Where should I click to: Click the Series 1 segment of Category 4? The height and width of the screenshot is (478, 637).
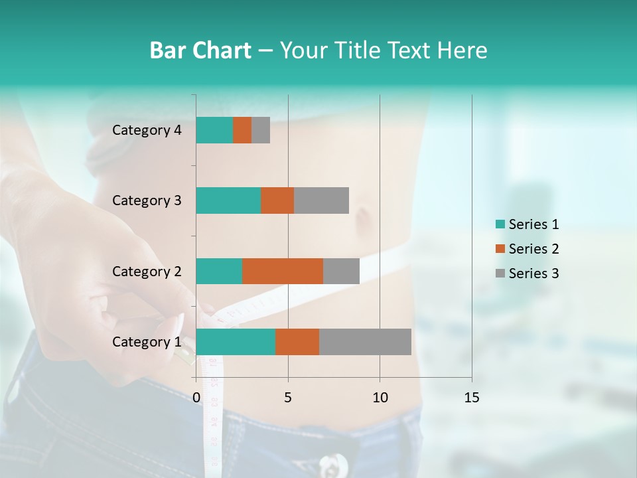(214, 130)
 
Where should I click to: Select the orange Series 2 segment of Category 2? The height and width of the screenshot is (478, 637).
(283, 271)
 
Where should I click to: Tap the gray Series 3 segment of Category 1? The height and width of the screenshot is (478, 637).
(365, 342)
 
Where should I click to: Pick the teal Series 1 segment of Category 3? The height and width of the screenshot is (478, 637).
(228, 200)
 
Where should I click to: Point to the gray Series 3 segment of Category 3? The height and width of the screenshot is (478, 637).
(321, 200)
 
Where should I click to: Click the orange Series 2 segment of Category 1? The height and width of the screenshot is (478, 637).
(297, 342)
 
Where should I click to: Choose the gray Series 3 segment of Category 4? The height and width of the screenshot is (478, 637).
(261, 130)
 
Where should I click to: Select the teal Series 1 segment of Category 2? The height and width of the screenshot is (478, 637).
(219, 271)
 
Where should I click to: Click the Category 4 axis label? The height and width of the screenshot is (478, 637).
(147, 130)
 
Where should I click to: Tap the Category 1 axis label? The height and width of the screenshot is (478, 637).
(147, 342)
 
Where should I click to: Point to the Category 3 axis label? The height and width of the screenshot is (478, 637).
(147, 200)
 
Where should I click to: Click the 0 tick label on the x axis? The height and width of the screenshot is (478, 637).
(196, 398)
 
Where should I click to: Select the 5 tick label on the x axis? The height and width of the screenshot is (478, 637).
(288, 398)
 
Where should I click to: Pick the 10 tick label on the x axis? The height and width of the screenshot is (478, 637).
(380, 398)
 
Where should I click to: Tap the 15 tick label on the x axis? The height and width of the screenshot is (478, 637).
(471, 398)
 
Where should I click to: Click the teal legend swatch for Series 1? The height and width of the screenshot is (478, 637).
(500, 224)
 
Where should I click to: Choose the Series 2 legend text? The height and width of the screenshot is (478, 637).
(533, 249)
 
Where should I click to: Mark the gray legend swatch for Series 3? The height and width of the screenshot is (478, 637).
(500, 274)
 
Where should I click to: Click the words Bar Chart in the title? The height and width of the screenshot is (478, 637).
(200, 50)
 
